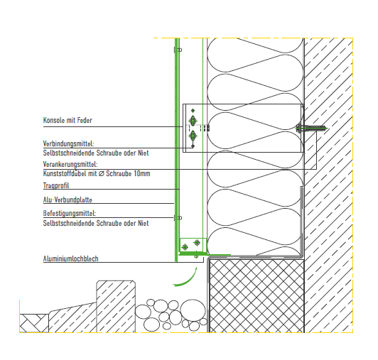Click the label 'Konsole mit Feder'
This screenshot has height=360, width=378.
(x=67, y=120)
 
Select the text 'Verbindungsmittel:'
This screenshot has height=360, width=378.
(x=68, y=143)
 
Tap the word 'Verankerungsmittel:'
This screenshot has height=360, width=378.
(x=70, y=164)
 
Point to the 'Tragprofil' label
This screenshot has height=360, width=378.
(x=56, y=185)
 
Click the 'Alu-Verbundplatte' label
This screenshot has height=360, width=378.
(x=67, y=200)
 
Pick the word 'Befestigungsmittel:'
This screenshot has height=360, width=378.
(x=70, y=213)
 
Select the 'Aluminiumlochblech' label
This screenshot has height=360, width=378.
(x=70, y=258)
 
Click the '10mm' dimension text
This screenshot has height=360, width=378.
(x=142, y=173)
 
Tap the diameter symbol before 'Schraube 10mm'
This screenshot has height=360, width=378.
(x=101, y=173)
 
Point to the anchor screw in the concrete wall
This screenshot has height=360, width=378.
(x=312, y=128)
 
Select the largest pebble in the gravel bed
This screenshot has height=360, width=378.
(x=193, y=310)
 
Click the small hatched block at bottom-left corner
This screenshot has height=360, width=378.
(x=34, y=323)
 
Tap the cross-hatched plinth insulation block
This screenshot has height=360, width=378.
(x=256, y=295)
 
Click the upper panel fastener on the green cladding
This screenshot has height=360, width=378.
(x=178, y=50)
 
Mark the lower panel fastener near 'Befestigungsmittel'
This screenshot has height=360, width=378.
(x=178, y=218)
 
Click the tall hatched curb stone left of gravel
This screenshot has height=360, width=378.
(x=116, y=307)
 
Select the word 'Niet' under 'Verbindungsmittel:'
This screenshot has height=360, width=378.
(x=144, y=153)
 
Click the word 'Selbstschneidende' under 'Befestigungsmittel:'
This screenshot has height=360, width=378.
(x=68, y=223)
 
